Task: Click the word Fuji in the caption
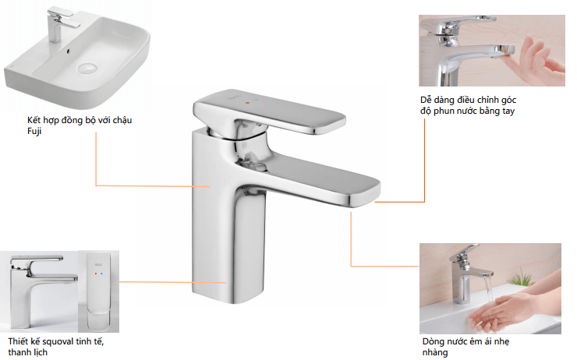34,131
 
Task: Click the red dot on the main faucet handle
247,103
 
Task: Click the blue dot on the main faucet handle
257,100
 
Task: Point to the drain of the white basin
87,68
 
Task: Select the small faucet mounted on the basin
61,24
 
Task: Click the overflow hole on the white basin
69,51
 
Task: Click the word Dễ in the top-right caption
426,100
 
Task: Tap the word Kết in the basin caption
34,120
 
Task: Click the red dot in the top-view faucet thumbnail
96,274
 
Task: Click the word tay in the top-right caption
508,111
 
